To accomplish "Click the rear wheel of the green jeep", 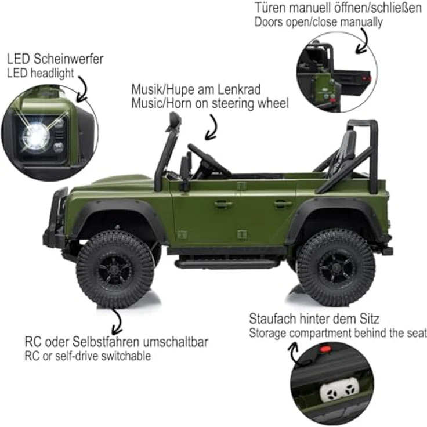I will (x=336, y=267).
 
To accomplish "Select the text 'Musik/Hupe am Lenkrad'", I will (x=196, y=90).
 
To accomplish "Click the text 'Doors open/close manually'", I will (x=319, y=22).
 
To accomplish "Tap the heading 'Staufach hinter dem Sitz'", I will (x=314, y=319).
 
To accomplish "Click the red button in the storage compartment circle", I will (x=325, y=349).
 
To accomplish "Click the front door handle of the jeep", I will (x=223, y=204).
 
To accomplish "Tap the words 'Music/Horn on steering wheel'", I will (x=209, y=103).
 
